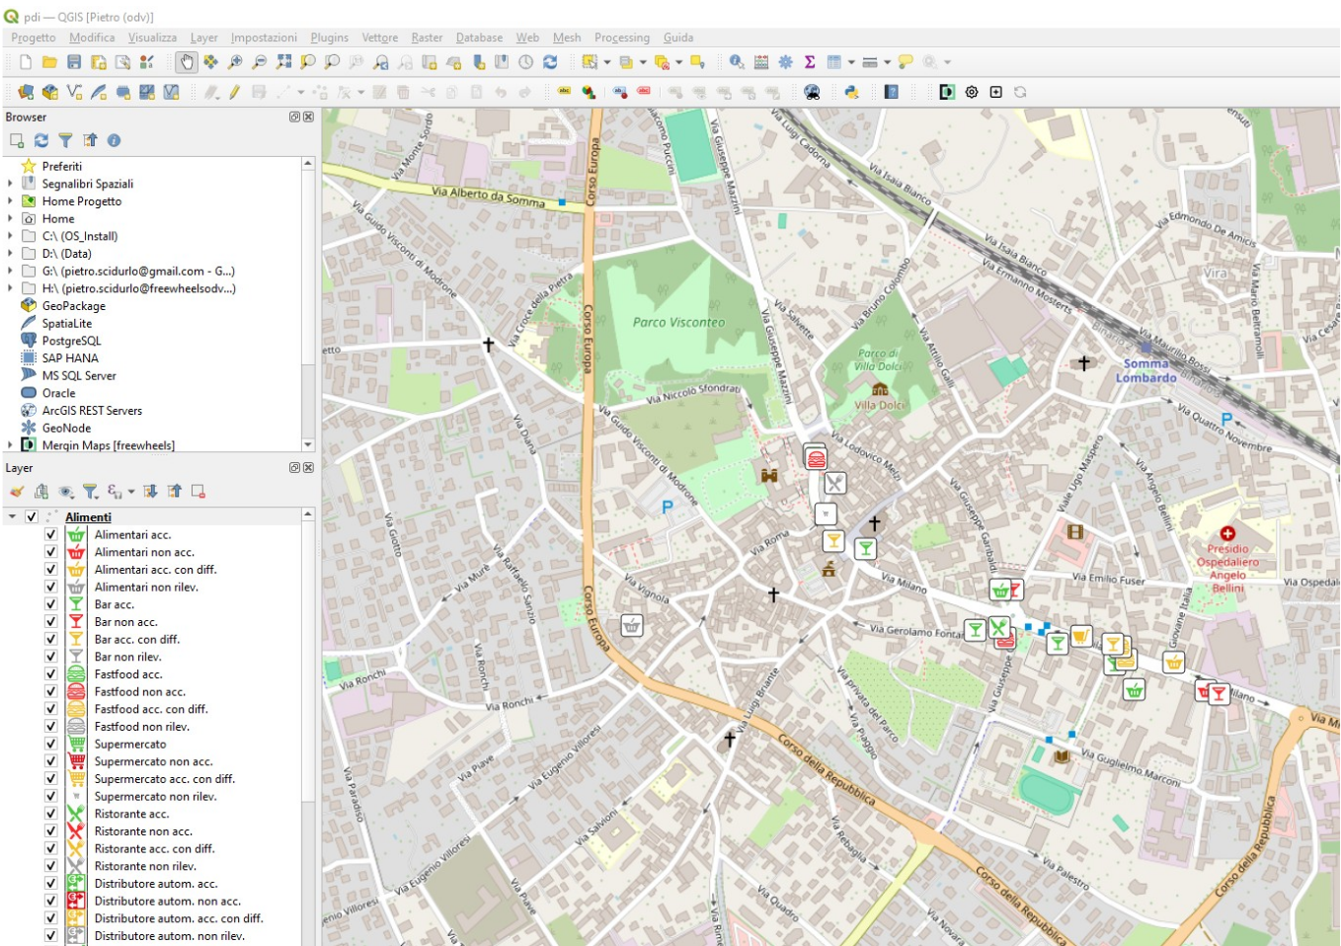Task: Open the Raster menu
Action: click(427, 38)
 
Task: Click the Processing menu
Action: click(621, 38)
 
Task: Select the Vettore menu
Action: click(379, 38)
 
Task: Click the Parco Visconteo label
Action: click(678, 322)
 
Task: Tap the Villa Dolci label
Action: click(879, 405)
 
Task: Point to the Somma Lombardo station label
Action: click(1145, 370)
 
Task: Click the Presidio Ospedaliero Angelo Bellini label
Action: click(1227, 568)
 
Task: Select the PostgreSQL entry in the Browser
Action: click(71, 341)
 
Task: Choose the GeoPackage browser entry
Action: click(73, 306)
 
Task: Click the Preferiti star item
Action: click(61, 166)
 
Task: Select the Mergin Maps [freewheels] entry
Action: click(108, 445)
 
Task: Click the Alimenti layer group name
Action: click(88, 516)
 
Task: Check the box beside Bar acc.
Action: click(50, 604)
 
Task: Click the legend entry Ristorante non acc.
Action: click(143, 831)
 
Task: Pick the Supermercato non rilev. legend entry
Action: click(155, 797)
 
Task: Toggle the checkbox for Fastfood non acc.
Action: click(50, 691)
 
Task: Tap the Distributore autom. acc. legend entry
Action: click(155, 884)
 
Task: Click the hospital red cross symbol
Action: click(1227, 533)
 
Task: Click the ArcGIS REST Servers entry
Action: click(92, 411)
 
